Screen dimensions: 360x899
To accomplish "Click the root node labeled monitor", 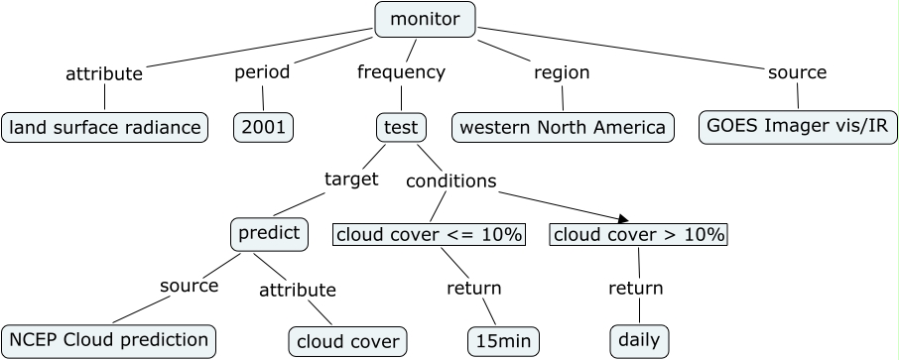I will pos(425,20).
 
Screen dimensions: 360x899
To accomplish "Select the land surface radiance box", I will pos(104,127).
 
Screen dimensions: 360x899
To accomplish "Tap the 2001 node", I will pos(264,127).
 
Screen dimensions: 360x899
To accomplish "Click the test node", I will pos(402,127).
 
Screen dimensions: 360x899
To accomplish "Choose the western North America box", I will pos(563,127).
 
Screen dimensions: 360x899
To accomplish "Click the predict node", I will pos(267,233).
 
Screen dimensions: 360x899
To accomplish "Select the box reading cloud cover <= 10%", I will pos(429,235).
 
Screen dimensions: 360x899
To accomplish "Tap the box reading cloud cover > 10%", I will pos(638,235).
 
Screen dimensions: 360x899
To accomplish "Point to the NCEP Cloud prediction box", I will pos(108,340).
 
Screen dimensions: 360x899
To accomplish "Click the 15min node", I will pos(504,341).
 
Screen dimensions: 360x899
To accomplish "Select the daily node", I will pos(638,340).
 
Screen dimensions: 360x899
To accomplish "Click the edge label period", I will pos(262,72).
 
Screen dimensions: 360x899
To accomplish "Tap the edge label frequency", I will pos(401,72).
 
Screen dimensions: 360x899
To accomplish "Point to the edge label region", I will pos(562,72).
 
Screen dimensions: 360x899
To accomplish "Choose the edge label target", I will pos(351,179).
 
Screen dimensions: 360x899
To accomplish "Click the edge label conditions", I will pos(451,180).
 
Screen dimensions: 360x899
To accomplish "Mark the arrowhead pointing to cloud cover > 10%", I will pos(623,219).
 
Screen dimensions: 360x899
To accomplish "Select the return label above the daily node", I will pos(635,289).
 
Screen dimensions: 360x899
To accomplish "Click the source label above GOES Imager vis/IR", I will pos(797,72).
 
